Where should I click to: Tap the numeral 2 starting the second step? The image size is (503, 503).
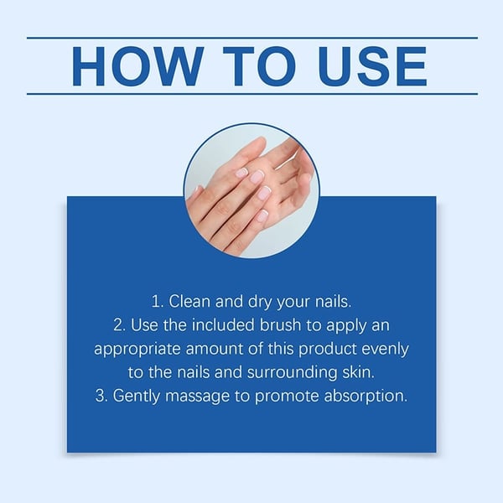tap(116, 323)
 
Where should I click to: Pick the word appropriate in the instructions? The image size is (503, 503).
tap(136, 347)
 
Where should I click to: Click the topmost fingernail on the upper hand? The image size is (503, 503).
tap(241, 173)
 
